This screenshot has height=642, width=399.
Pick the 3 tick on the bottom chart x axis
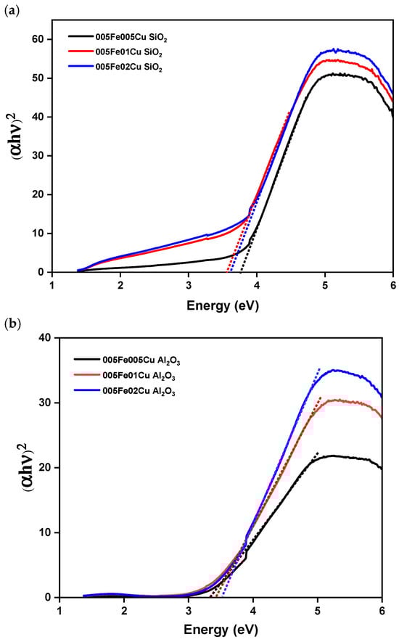pyautogui.click(x=189, y=610)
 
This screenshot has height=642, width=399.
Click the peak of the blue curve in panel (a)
pyautogui.click(x=334, y=49)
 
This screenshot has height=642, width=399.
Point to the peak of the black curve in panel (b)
pyautogui.click(x=332, y=456)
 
